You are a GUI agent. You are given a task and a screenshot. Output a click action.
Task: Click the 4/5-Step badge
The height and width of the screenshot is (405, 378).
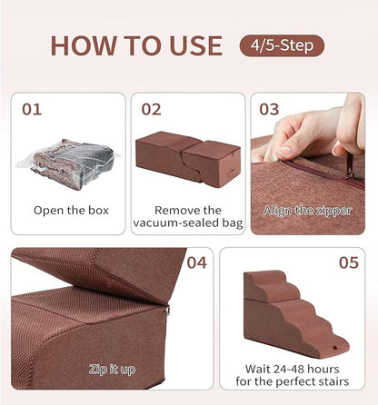(x=281, y=44)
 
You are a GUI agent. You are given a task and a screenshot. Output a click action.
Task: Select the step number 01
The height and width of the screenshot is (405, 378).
(x=32, y=110)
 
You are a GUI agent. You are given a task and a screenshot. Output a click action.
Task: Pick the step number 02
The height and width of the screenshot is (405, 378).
(x=151, y=110)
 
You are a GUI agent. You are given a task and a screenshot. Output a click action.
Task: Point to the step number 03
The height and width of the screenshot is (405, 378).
(x=269, y=110)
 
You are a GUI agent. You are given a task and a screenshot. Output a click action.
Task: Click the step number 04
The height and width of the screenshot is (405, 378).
(x=197, y=264)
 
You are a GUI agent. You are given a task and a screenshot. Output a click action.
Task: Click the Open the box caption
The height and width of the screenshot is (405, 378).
(x=71, y=210)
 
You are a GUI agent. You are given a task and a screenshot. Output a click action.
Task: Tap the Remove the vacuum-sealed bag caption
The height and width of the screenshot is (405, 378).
(x=188, y=216)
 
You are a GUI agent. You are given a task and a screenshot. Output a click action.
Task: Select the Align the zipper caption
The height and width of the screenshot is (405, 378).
(x=307, y=210)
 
